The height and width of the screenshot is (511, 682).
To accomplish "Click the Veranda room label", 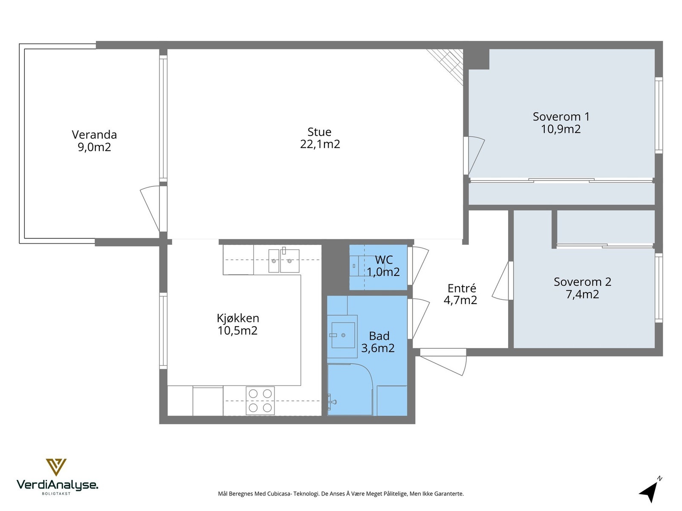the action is [94, 135].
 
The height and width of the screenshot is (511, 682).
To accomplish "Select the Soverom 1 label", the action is [561, 117].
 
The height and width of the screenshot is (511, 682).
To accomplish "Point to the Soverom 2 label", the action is [582, 282].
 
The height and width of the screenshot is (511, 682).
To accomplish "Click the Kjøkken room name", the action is [238, 319].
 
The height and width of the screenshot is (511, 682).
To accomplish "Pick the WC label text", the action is [384, 260].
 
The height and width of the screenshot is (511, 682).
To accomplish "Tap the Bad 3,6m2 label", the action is [378, 342].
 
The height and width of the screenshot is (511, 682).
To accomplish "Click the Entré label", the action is [462, 288].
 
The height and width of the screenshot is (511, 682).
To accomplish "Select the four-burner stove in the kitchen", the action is [260, 400].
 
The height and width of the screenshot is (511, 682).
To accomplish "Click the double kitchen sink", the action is [284, 261].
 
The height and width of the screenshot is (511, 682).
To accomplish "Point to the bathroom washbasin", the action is [343, 335].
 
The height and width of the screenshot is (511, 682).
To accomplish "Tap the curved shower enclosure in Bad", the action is [350, 389].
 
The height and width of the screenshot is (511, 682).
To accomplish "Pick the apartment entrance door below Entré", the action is [443, 362].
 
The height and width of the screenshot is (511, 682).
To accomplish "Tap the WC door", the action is [418, 266].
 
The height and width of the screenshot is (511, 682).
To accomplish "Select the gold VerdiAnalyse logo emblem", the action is [56, 467].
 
